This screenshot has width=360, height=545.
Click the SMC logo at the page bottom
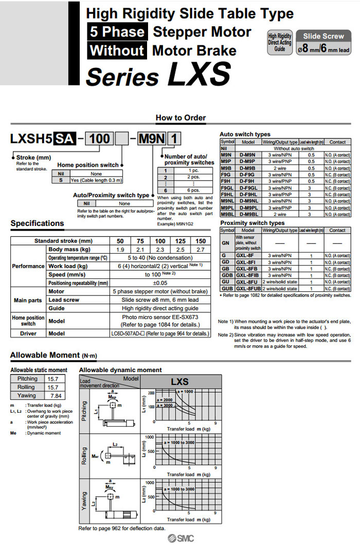(x=180, y=538)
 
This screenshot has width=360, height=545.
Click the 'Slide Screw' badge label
(x=323, y=36)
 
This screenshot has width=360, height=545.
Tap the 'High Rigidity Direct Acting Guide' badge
(x=280, y=43)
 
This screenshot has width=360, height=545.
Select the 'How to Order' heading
(x=181, y=118)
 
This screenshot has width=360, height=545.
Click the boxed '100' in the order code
(x=99, y=138)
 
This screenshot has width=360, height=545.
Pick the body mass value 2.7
(x=201, y=250)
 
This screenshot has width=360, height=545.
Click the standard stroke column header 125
(x=180, y=241)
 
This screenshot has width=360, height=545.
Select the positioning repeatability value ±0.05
(x=160, y=283)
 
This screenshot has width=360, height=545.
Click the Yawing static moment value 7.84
(x=53, y=395)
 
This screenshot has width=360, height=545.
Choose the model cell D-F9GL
(x=248, y=188)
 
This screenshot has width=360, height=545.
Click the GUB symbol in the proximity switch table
(x=227, y=289)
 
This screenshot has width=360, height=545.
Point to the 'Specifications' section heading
(x=38, y=223)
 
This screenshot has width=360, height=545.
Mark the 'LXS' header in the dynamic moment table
(x=179, y=382)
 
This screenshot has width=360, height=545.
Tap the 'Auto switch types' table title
(x=245, y=134)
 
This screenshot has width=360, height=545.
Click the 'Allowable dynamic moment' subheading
(x=120, y=370)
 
